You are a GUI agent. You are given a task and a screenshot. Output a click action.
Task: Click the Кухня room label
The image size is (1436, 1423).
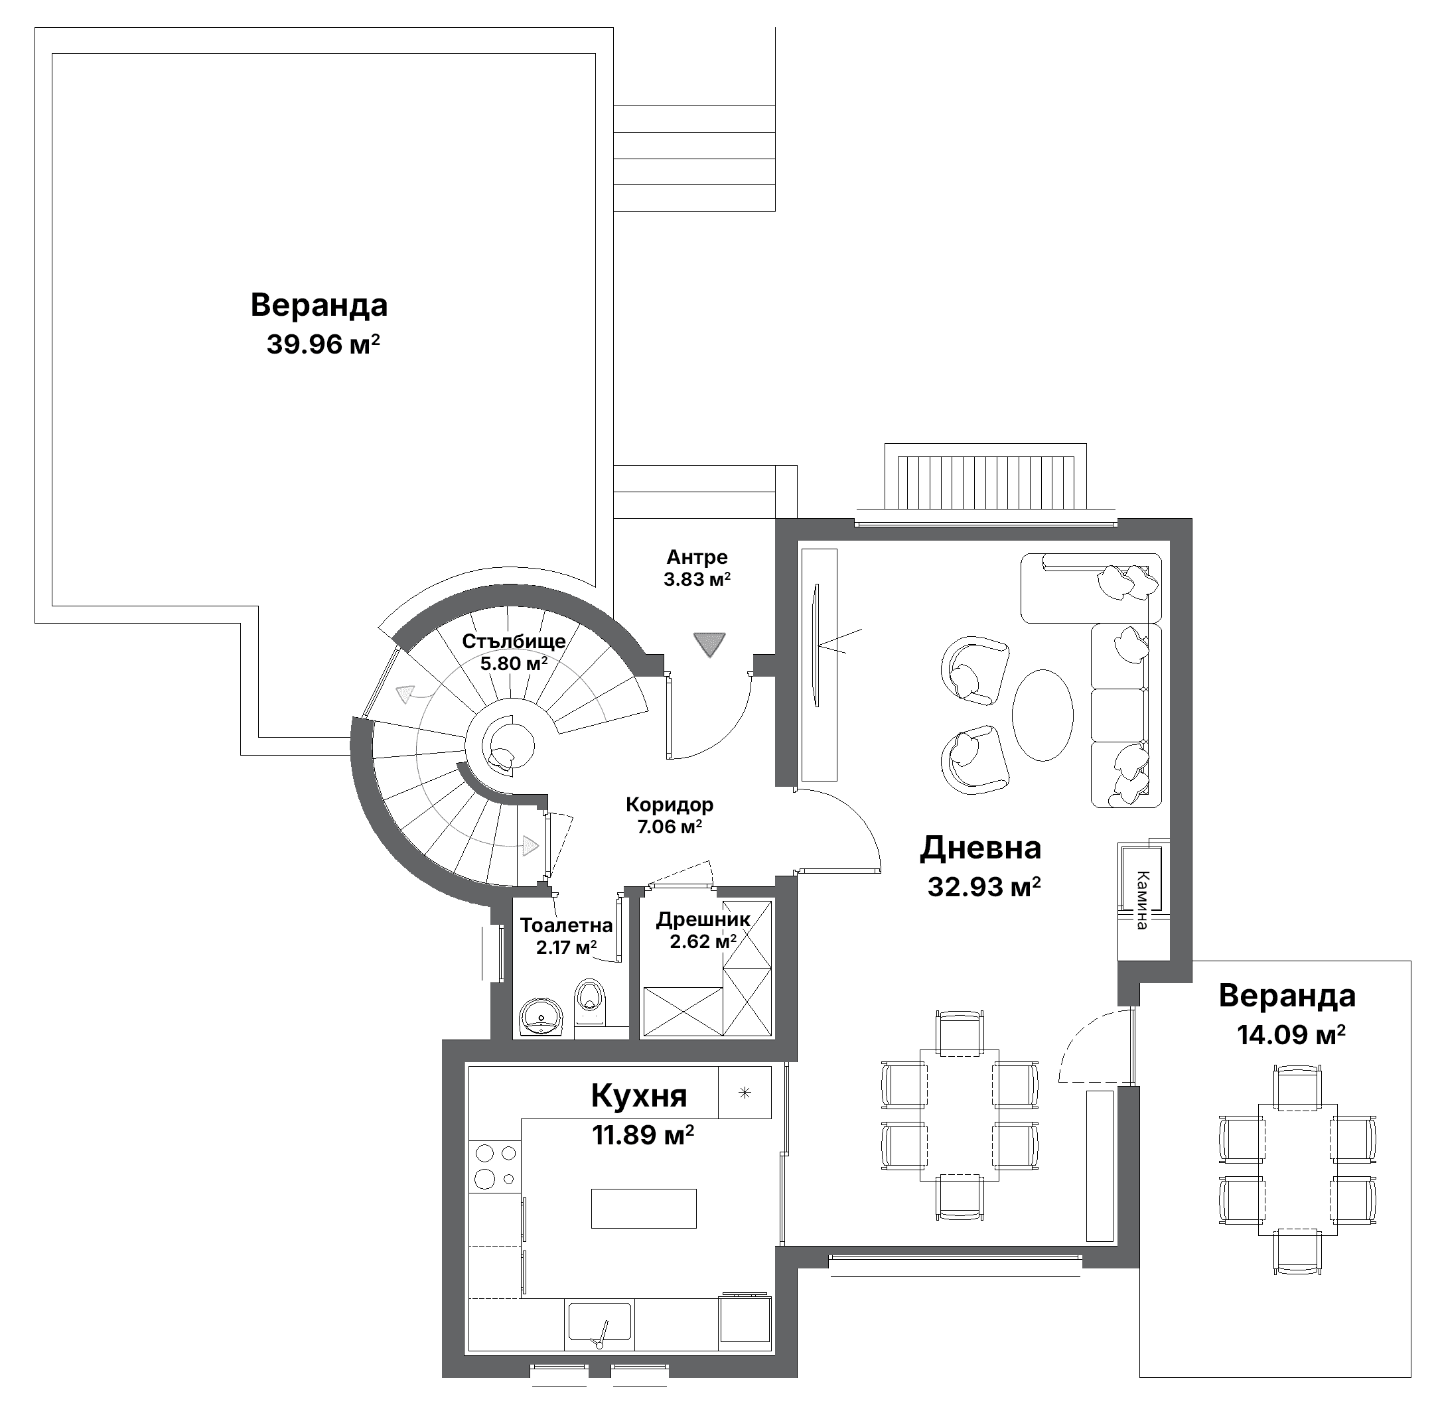[638, 1096]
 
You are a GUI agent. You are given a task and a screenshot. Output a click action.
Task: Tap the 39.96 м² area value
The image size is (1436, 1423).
[323, 345]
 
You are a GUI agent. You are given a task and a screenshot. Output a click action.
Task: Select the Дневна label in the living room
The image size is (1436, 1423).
[980, 848]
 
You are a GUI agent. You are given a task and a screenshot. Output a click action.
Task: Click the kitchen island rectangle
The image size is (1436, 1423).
[644, 1208]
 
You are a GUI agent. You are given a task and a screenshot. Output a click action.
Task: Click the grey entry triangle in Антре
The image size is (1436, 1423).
[709, 644]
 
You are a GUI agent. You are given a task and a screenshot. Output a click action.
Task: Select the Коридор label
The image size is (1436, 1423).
[669, 804]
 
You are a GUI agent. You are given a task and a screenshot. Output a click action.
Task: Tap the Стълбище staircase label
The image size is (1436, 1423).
[514, 642]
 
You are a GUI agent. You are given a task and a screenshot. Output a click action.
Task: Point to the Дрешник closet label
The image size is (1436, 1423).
[703, 920]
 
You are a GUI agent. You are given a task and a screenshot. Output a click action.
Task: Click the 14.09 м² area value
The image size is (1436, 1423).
[1291, 1035]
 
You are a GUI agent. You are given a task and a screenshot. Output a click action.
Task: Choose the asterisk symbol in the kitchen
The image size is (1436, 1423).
[745, 1093]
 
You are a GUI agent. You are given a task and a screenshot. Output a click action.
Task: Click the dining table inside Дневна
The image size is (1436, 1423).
[960, 1115]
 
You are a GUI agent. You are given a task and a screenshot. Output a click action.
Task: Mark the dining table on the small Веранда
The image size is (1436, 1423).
[1298, 1170]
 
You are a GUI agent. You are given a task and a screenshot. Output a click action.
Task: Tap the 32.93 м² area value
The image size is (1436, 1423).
[983, 887]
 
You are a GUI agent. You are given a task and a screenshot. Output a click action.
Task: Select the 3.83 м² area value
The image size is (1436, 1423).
[697, 580]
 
